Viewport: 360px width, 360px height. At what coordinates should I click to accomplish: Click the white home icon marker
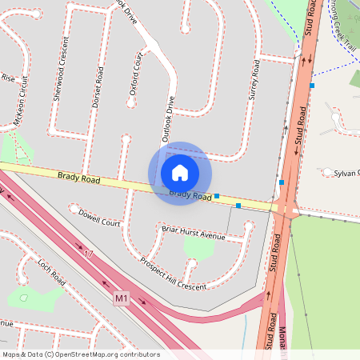tap(179, 172)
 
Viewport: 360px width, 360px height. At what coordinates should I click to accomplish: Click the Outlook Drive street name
tap(168, 119)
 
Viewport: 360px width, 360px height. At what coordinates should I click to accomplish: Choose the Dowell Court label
tap(99, 218)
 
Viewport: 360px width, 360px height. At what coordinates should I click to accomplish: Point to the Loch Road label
tap(50, 273)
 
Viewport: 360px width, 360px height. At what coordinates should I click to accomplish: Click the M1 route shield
tap(121, 298)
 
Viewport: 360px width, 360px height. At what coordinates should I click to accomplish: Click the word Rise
tap(8, 78)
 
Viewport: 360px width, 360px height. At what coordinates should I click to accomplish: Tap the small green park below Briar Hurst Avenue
tap(198, 247)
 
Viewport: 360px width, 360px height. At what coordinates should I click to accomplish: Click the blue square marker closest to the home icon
tap(217, 195)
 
